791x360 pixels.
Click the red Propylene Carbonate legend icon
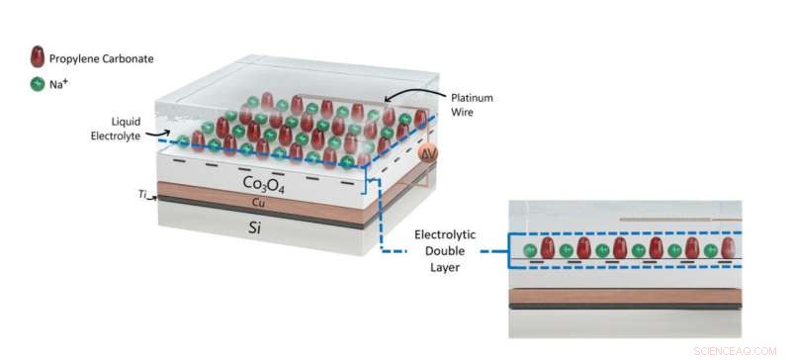pos(38,56)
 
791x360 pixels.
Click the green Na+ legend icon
pos(38,84)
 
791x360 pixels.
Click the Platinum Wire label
pos(472,106)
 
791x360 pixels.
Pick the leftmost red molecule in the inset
pos(583,247)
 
